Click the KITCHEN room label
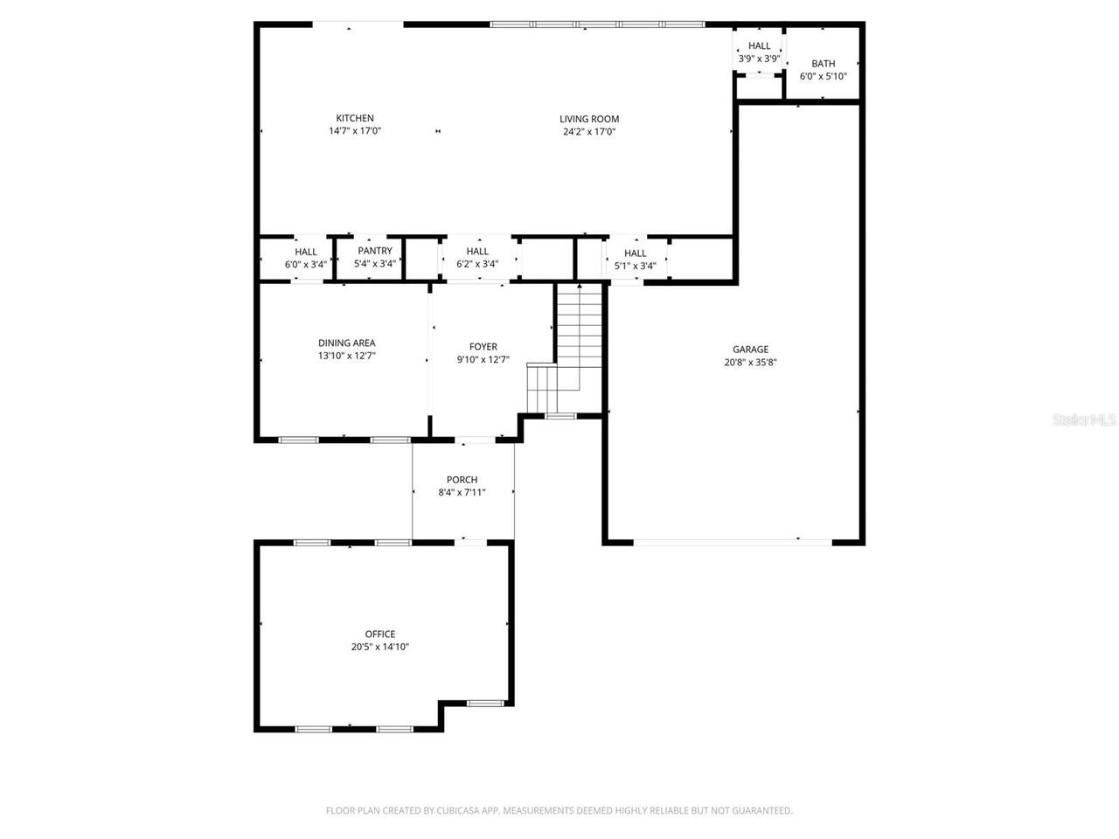point(355,118)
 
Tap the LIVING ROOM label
point(589,119)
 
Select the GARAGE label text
point(750,349)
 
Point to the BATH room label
point(823,64)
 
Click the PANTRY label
point(375,251)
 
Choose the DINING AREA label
point(346,343)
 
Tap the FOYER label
point(483,347)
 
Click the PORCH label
point(462,480)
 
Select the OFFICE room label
point(379,634)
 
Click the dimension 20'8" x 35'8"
point(750,363)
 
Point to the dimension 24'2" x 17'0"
point(589,132)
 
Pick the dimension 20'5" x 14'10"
point(379,648)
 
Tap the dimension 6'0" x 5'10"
point(823,77)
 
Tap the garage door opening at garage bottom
point(733,542)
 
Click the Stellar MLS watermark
point(1084,420)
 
